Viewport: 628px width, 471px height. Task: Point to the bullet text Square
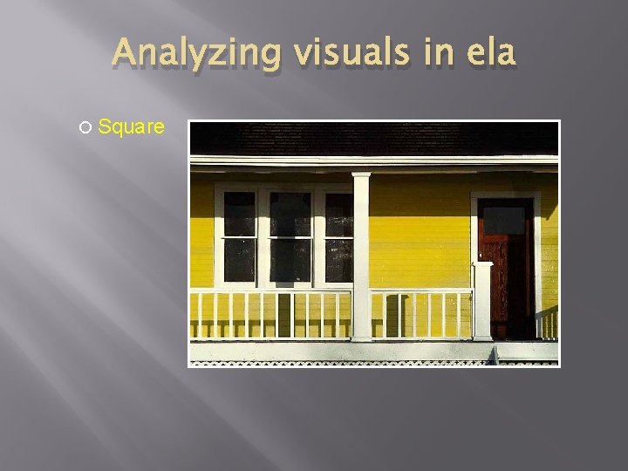[x=131, y=127]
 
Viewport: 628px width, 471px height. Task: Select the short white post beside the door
[x=482, y=301]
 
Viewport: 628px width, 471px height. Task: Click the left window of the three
[x=239, y=236]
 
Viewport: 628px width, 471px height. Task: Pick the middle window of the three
[x=290, y=236]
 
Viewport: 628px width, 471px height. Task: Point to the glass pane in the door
[x=505, y=220]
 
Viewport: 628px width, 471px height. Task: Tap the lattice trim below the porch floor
[x=349, y=362]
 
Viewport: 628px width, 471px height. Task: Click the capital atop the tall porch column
[x=361, y=177]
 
